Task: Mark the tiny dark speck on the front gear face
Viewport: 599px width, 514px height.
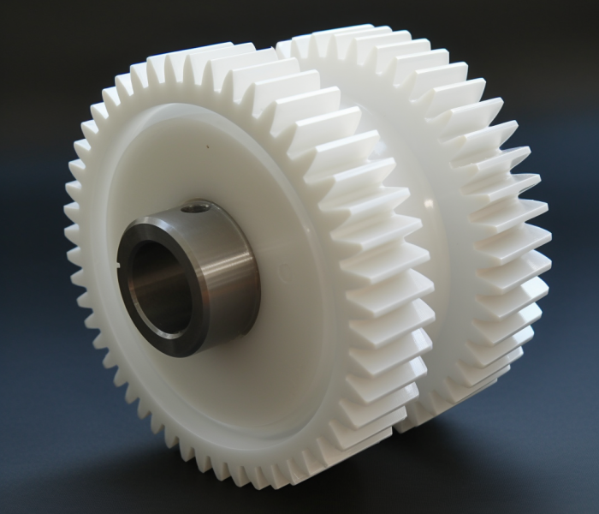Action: coord(206,146)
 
